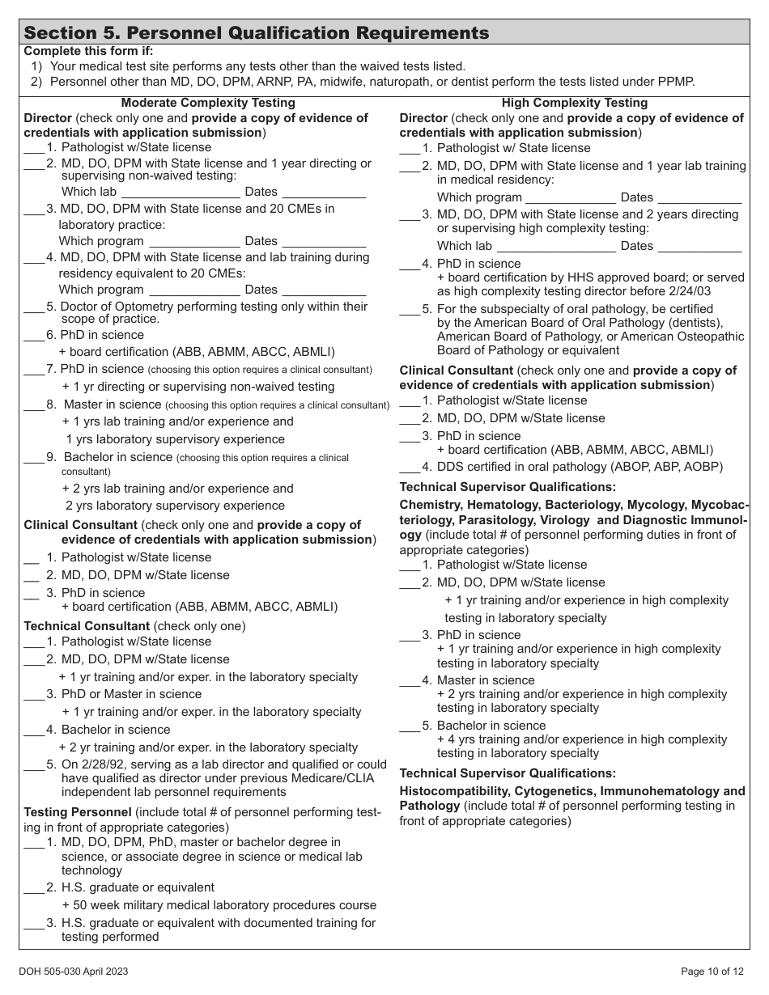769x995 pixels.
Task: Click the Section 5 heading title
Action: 257,33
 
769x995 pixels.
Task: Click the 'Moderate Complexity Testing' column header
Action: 208,103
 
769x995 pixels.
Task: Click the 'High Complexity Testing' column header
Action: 575,103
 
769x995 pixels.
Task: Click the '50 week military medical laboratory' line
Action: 219,905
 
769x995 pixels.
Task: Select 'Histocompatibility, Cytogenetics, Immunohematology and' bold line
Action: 572,791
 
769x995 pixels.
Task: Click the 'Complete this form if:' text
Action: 88,51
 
